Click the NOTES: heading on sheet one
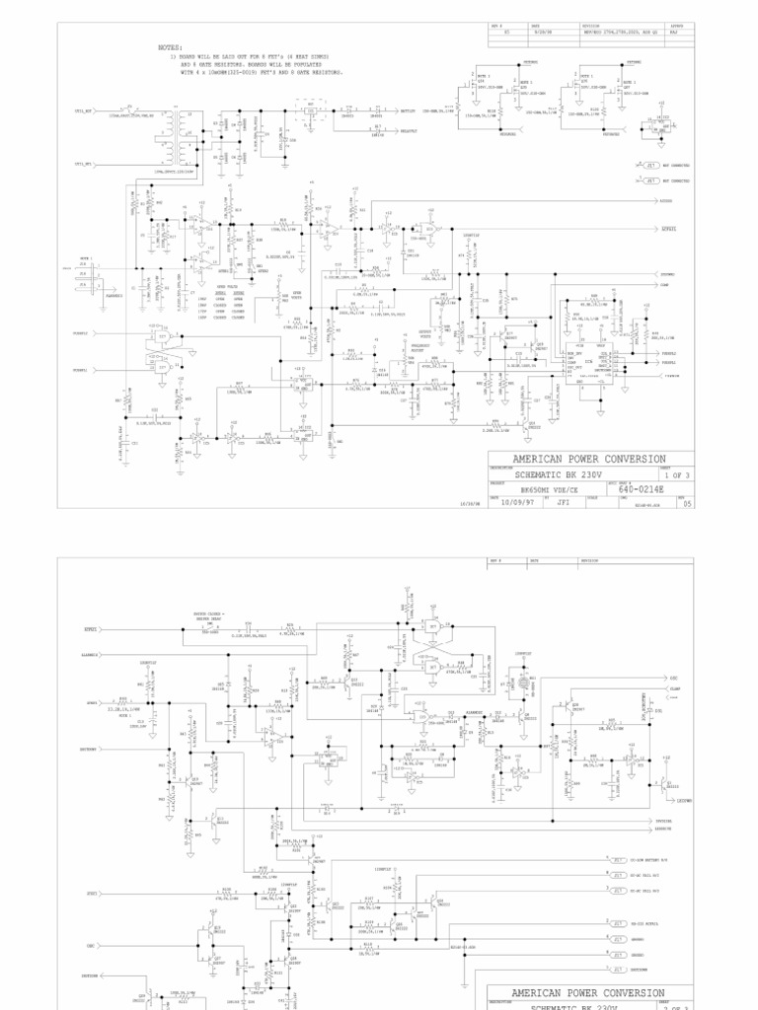[x=170, y=47]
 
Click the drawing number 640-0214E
[x=641, y=487]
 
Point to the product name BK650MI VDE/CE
[x=548, y=488]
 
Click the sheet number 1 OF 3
[x=674, y=473]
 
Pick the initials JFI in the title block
[x=564, y=501]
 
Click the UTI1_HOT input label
[x=83, y=111]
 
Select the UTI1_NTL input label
[x=83, y=164]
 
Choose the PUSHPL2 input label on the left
[x=81, y=333]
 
